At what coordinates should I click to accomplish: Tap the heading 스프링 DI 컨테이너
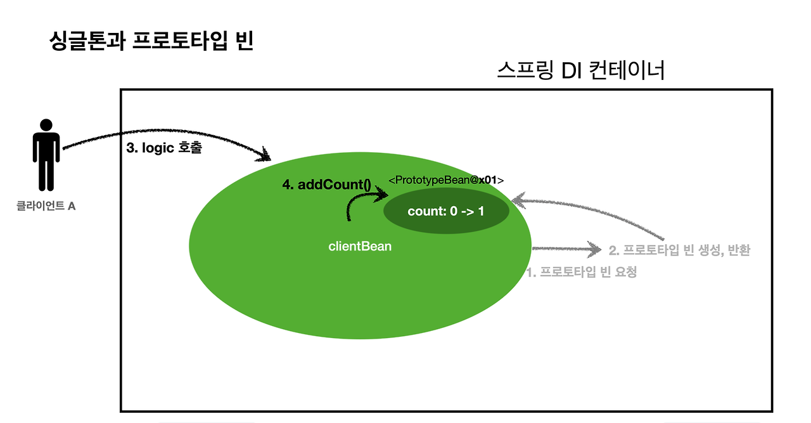(581, 70)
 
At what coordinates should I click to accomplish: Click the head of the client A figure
(45, 125)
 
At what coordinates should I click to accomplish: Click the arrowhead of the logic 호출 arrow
(266, 154)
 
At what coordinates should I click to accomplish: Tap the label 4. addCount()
(326, 185)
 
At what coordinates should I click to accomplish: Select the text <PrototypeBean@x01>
(445, 181)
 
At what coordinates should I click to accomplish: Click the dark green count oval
(446, 211)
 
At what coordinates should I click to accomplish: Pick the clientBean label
(360, 246)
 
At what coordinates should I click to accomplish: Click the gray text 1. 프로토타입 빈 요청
(582, 273)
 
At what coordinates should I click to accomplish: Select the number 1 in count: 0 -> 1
(480, 211)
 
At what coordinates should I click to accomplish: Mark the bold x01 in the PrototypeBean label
(488, 181)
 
